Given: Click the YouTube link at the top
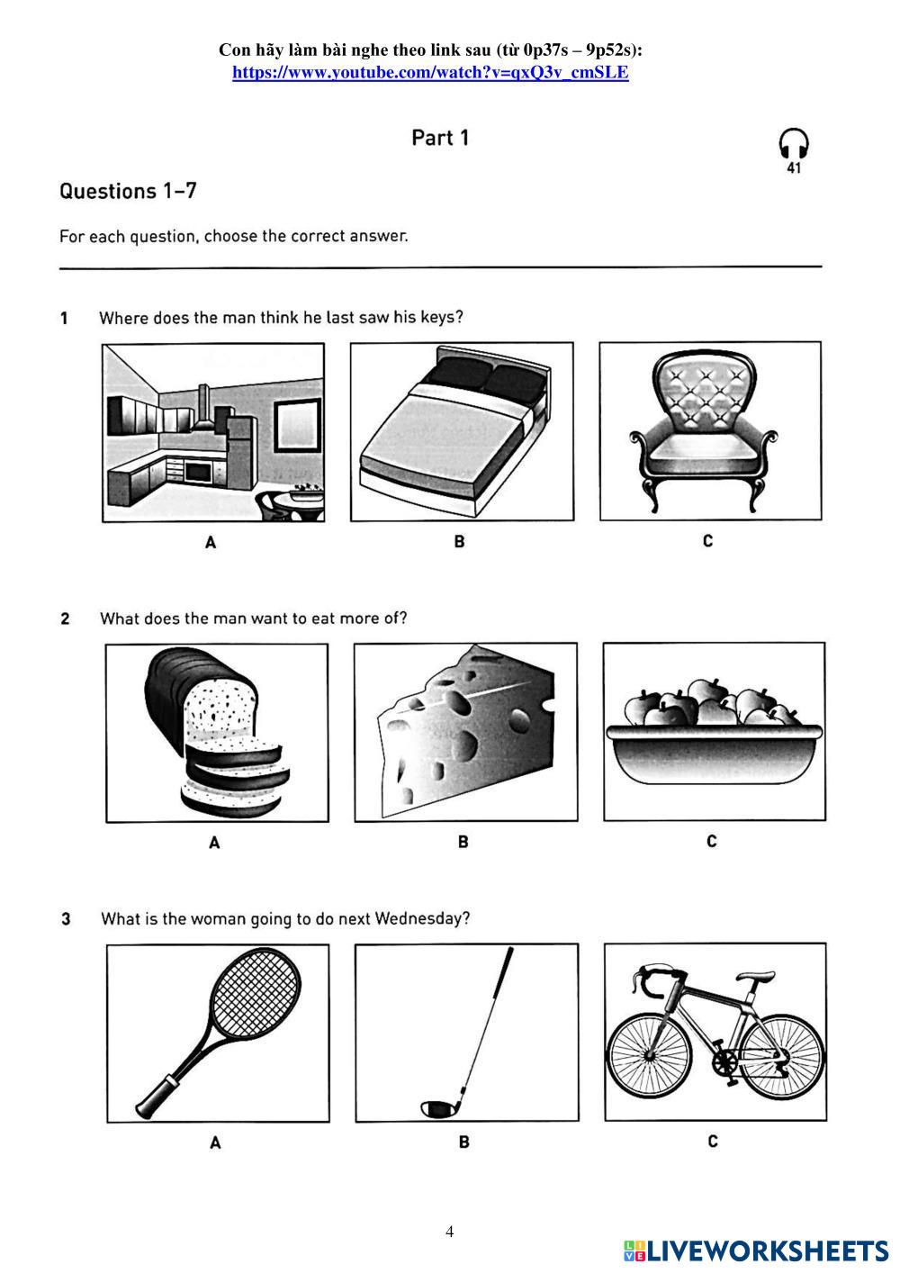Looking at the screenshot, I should [x=430, y=73].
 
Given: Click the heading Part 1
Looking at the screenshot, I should [x=440, y=138].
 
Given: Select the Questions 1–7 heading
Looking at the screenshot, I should [x=128, y=191].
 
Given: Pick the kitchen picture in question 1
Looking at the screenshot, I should [x=213, y=432].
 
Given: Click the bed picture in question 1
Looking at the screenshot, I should [x=462, y=432].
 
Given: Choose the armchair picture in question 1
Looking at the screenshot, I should [x=710, y=430].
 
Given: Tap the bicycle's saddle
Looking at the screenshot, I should [x=754, y=977].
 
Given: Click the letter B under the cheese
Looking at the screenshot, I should [x=463, y=842].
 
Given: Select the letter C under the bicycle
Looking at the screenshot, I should [x=712, y=1142].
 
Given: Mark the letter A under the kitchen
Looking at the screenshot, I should [x=211, y=542].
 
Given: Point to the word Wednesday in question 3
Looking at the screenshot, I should [x=421, y=919].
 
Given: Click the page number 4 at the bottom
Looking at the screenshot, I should [x=450, y=1232].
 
